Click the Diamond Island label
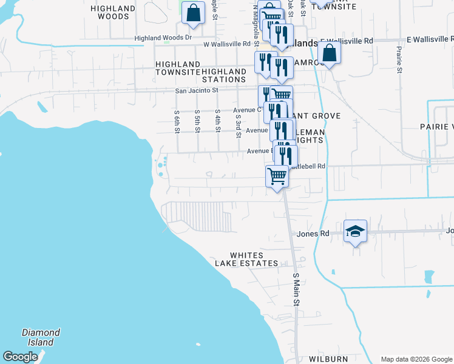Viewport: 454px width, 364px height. click(41, 337)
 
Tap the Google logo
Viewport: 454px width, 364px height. click(21, 357)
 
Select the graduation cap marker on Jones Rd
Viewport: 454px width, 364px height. click(355, 231)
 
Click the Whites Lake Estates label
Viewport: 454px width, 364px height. click(246, 259)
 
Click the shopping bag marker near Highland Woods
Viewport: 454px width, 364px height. click(193, 13)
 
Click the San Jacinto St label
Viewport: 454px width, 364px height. click(196, 90)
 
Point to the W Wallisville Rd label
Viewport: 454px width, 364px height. click(227, 44)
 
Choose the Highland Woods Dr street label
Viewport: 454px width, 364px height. click(163, 38)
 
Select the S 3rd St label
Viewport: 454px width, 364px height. click(239, 125)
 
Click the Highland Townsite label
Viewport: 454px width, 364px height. click(178, 68)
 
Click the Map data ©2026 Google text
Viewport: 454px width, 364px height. click(416, 359)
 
